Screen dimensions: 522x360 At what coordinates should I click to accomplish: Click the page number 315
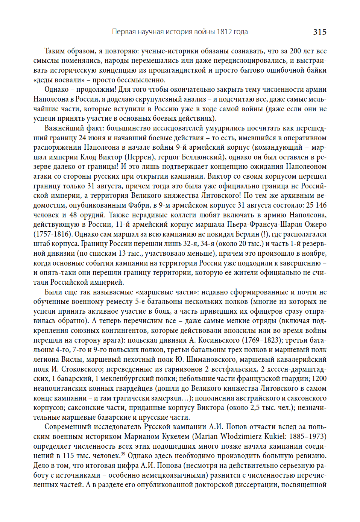(x=319, y=32)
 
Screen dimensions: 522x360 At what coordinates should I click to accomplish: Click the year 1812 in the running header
(x=224, y=32)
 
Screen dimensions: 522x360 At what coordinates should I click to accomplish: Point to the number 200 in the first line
(x=295, y=51)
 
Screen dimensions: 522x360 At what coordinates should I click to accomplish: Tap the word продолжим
(x=95, y=90)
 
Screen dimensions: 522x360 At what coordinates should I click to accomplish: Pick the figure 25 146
(x=316, y=205)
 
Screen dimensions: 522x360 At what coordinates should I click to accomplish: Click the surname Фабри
(x=139, y=205)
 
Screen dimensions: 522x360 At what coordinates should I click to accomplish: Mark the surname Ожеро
(x=315, y=225)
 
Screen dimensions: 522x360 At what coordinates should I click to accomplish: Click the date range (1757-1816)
(x=53, y=234)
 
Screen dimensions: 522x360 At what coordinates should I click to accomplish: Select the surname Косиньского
(x=219, y=340)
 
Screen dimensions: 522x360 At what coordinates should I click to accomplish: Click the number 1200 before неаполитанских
(x=319, y=379)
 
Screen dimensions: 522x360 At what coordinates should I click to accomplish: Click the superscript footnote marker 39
(x=123, y=454)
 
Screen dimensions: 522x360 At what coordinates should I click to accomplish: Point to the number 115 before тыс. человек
(x=68, y=456)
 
